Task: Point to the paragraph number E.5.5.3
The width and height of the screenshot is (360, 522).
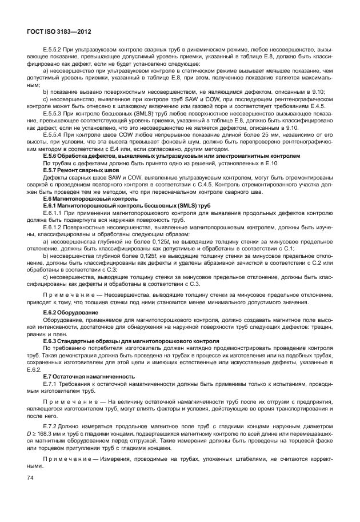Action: coord(54,114)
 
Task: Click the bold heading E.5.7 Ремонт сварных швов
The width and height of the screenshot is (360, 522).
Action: coord(81,170)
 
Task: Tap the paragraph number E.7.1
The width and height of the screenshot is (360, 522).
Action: coord(50,383)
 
